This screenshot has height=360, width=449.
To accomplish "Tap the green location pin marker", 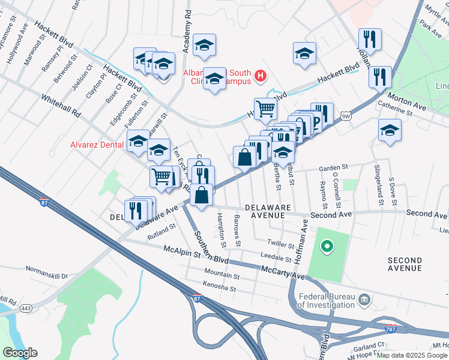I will pos(327,245).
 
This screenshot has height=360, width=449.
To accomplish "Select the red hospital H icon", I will pos(261,76).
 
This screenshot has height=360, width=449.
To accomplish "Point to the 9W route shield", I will pos(345,116).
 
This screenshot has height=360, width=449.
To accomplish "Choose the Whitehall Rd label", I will pos(61,104).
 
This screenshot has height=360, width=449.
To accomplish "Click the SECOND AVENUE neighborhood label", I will pos(405,264).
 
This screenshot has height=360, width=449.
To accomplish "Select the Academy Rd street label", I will pos(187,30).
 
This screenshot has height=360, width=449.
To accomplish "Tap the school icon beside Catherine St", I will pos(390,130).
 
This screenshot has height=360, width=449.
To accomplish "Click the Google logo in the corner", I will pos(20,353).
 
